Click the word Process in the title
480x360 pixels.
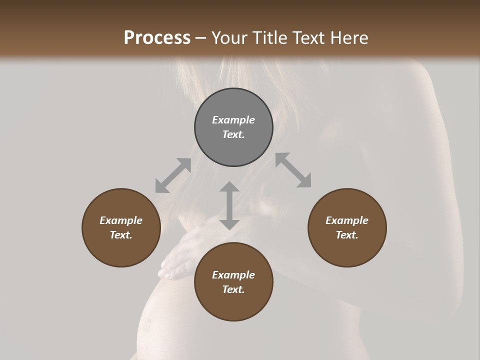pyautogui.click(x=157, y=38)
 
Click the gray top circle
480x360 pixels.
pyautogui.click(x=233, y=127)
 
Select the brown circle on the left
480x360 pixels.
pyautogui.click(x=121, y=227)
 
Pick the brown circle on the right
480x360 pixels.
pyautogui.click(x=347, y=227)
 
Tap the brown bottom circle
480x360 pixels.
pyautogui.click(x=233, y=281)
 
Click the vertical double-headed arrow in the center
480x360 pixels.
pyautogui.click(x=229, y=205)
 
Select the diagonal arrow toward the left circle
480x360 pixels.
pyautogui.click(x=173, y=175)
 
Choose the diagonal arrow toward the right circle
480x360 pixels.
pyautogui.click(x=293, y=170)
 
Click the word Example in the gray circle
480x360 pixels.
pyautogui.click(x=233, y=120)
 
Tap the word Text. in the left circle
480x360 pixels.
pyautogui.click(x=121, y=235)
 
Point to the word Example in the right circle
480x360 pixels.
pyautogui.click(x=347, y=220)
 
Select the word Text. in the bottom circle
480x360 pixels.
pyautogui.click(x=233, y=289)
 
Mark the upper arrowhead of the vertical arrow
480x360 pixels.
pyautogui.click(x=229, y=188)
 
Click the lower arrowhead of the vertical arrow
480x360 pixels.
pyautogui.click(x=229, y=223)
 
